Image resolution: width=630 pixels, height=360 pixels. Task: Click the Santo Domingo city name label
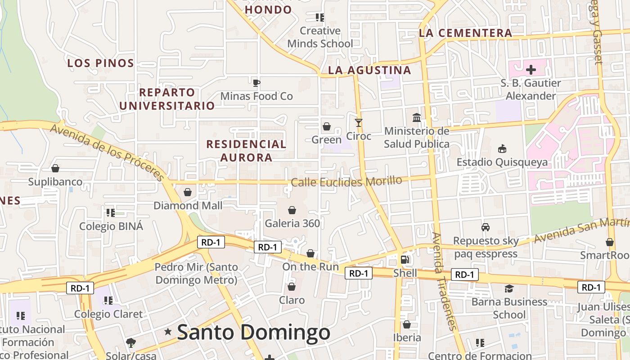click(x=253, y=333)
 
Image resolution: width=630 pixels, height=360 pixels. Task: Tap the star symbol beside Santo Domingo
click(x=168, y=332)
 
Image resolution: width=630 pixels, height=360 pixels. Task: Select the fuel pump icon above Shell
click(x=405, y=260)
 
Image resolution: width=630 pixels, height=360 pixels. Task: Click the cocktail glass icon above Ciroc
click(x=359, y=122)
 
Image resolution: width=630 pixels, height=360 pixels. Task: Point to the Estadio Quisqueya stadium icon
click(x=502, y=148)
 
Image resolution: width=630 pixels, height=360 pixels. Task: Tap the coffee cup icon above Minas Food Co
click(x=256, y=83)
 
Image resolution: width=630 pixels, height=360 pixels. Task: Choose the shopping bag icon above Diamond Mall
click(x=188, y=192)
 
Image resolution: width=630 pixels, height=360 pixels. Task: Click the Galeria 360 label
click(x=292, y=223)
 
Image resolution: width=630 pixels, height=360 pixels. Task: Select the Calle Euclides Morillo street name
click(x=346, y=182)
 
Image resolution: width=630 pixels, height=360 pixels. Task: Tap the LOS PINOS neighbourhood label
click(x=101, y=63)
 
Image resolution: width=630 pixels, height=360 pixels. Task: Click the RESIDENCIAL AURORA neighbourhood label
click(x=246, y=151)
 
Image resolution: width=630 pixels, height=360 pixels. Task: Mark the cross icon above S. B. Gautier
click(x=531, y=70)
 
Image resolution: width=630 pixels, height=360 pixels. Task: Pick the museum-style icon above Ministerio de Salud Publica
click(x=417, y=118)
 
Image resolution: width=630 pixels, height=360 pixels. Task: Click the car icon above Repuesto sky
click(x=486, y=227)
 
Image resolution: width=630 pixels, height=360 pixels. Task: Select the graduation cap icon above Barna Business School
click(x=509, y=288)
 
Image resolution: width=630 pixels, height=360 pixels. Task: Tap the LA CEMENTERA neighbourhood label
click(x=465, y=33)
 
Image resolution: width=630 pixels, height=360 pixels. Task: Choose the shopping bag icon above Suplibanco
click(x=55, y=169)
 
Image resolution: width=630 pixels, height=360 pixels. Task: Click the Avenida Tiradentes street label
click(x=444, y=281)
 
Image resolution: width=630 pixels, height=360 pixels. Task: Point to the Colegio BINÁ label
click(x=111, y=226)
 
